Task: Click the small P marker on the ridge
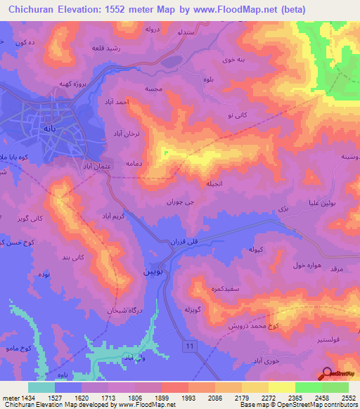(166, 153)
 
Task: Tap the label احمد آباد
(120, 103)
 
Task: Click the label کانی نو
(238, 114)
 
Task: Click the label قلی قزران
(181, 241)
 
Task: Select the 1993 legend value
(188, 398)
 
